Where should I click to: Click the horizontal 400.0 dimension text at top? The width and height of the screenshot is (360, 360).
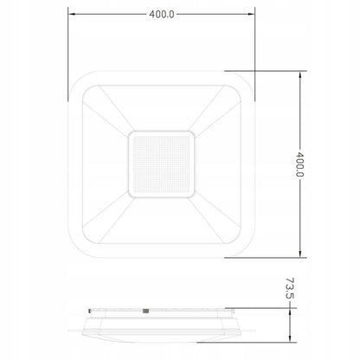pos(162,14)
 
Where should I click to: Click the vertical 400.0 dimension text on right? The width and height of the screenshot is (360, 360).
pos(299,164)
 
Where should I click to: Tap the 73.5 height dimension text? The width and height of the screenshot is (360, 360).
pos(290,288)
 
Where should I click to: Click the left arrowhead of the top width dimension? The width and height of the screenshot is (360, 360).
pos(72,14)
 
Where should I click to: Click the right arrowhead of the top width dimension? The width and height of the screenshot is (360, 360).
pos(251,14)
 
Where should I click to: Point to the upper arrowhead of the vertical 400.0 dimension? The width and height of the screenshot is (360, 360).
pos(300,74)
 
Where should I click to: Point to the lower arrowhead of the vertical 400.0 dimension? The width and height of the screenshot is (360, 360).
pos(300,254)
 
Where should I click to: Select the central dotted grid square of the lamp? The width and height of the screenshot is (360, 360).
pos(162,164)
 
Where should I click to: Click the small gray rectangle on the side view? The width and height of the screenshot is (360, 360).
pos(146,311)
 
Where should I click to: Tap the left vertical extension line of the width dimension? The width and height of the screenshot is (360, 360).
pos(68,55)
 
